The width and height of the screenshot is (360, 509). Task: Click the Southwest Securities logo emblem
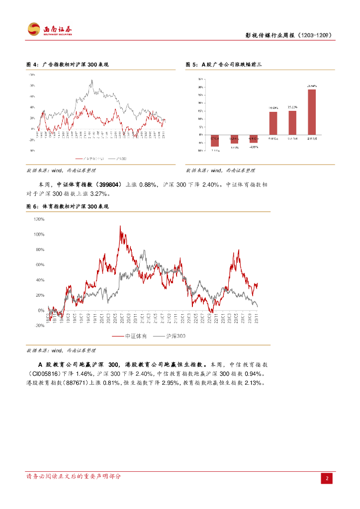(x=33, y=29)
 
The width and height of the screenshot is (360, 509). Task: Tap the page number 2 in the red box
(x=327, y=478)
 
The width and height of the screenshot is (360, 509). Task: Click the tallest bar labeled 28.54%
(x=312, y=112)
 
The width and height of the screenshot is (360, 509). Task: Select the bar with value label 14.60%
(x=273, y=123)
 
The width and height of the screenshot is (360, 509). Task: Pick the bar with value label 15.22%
(x=292, y=122)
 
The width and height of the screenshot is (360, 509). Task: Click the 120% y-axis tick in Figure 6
(x=39, y=219)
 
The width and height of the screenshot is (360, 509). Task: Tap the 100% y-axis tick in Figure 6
(x=39, y=234)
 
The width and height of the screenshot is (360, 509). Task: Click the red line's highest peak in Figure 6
(x=120, y=227)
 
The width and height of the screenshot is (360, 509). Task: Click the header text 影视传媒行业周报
(x=270, y=35)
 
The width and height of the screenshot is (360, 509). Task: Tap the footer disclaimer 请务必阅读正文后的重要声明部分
(x=73, y=476)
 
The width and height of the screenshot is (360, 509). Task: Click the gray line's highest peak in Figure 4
(x=92, y=80)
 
